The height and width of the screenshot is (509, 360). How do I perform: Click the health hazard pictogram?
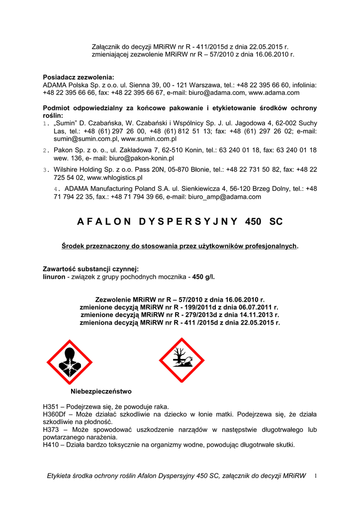click(69, 361)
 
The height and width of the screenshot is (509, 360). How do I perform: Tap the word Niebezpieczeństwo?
click(101, 391)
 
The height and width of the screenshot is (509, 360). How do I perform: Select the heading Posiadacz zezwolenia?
click(79, 77)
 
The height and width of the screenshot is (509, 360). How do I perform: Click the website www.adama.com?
click(274, 92)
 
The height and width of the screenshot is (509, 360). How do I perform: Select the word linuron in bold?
click(54, 276)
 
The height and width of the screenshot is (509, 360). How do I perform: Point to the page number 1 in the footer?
click(315, 476)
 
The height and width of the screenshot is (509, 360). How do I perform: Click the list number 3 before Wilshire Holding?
click(45, 170)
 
